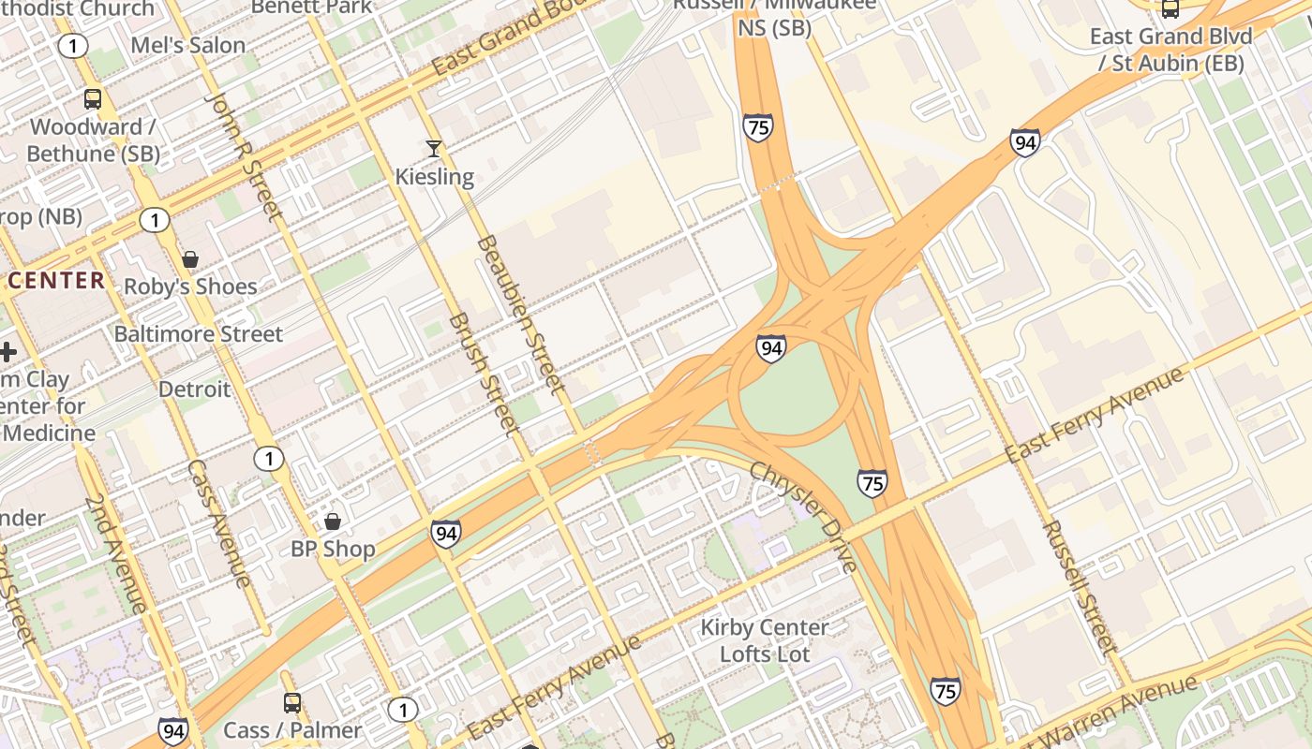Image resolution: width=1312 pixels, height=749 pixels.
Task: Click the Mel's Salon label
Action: point(188,45)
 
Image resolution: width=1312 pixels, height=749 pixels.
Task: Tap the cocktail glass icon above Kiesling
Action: point(433,148)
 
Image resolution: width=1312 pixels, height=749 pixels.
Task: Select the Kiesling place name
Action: point(434,176)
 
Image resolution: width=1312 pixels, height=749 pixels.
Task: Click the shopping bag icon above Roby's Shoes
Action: point(190,258)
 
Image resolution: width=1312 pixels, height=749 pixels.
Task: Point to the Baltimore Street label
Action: point(198,334)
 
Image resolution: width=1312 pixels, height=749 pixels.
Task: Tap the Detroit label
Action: point(194,389)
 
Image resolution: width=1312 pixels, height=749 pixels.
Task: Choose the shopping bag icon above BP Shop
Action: point(332,521)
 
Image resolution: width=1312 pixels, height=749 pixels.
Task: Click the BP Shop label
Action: point(333,549)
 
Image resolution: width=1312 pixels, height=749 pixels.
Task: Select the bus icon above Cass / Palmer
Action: point(292,702)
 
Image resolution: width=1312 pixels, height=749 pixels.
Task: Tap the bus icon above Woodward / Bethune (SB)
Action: point(93,98)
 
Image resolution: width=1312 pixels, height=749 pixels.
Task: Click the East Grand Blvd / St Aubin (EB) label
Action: point(1171,50)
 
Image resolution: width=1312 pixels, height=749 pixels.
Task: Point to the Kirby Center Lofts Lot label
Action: point(765,640)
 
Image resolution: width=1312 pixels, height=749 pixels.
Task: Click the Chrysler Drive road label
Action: point(803,516)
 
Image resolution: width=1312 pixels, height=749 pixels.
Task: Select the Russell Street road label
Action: point(1080,587)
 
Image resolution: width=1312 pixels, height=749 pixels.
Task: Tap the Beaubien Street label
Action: point(521,314)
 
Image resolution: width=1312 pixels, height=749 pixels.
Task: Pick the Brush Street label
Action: point(484,374)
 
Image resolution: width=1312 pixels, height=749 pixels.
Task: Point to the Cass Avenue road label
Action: point(219,524)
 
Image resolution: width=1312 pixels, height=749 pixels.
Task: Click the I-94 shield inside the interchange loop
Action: point(771,348)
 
